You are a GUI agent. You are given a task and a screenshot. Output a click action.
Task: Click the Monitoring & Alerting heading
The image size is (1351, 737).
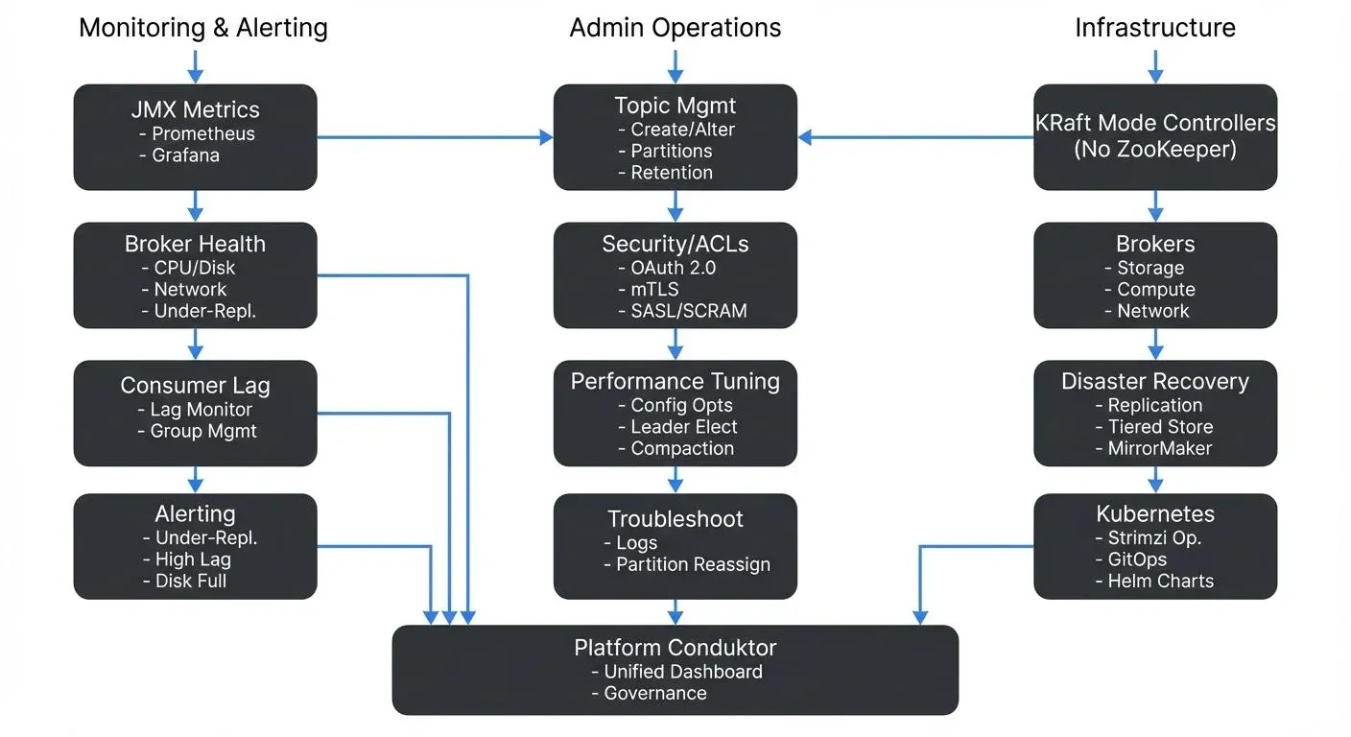pyautogui.click(x=202, y=28)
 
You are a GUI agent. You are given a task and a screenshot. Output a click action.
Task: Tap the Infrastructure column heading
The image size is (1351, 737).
pyautogui.click(x=1154, y=28)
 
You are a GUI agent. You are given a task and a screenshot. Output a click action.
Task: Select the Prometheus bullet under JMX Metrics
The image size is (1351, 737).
pyautogui.click(x=202, y=133)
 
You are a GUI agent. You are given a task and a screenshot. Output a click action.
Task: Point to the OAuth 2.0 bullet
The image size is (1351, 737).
pyautogui.click(x=673, y=268)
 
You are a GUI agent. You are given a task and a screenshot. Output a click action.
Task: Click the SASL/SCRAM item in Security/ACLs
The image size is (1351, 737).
pyautogui.click(x=688, y=310)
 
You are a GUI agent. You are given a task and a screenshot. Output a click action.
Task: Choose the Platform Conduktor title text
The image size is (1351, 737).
pyautogui.click(x=675, y=648)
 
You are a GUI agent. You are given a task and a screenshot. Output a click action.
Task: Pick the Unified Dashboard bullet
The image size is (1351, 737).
pyautogui.click(x=682, y=672)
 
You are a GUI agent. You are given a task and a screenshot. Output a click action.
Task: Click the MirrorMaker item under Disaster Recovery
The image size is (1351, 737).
pyautogui.click(x=1160, y=448)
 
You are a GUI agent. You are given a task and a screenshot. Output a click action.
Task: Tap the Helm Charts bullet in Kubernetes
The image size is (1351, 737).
pyautogui.click(x=1160, y=581)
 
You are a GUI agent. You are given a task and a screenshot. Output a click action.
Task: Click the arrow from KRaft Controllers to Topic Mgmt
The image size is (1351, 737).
pyautogui.click(x=915, y=137)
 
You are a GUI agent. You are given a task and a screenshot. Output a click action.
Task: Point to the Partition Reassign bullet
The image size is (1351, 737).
pyautogui.click(x=693, y=564)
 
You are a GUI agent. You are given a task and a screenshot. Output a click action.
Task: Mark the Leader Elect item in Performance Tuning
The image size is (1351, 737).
pyautogui.click(x=683, y=427)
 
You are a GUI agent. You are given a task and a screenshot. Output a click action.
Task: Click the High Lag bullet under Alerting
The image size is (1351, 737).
pyautogui.click(x=193, y=559)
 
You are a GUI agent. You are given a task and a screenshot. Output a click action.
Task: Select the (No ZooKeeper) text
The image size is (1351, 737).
pyautogui.click(x=1154, y=149)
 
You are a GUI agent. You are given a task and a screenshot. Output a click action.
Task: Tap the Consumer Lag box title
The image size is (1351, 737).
pyautogui.click(x=195, y=386)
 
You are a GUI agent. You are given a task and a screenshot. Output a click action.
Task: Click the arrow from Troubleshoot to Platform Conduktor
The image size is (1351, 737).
pyautogui.click(x=675, y=612)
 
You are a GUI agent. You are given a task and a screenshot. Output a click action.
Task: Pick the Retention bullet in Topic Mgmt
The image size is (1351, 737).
pyautogui.click(x=671, y=173)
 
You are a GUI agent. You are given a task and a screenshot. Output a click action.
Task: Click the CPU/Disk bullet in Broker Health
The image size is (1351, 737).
pyautogui.click(x=194, y=268)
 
